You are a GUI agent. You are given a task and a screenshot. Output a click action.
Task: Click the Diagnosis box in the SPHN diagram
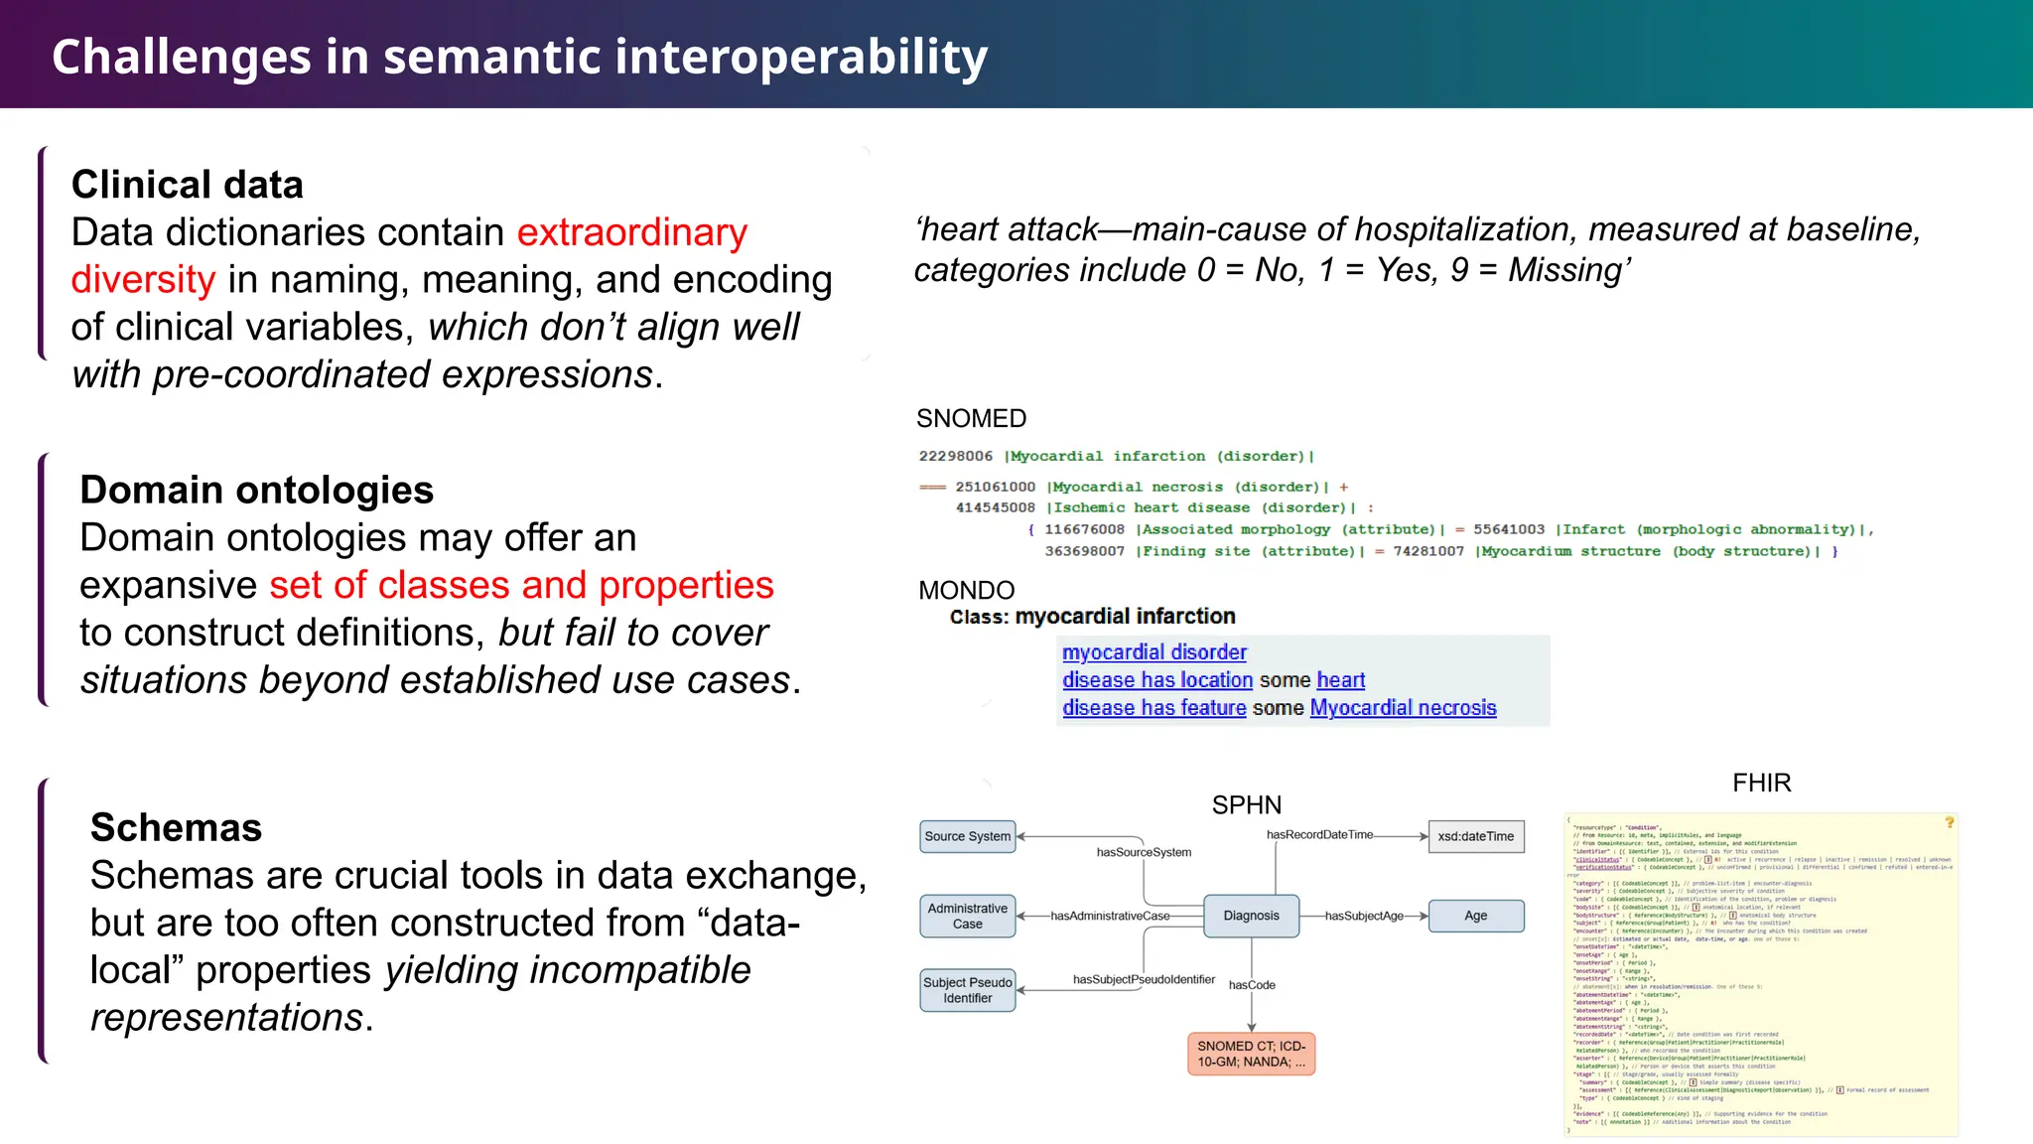tap(1251, 916)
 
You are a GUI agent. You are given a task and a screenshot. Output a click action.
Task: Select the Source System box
tap(967, 836)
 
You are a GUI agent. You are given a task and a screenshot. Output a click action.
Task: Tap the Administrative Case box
tap(967, 916)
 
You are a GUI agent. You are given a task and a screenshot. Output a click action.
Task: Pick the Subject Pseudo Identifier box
tap(967, 990)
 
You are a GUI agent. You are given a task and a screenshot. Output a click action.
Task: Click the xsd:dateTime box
tap(1475, 836)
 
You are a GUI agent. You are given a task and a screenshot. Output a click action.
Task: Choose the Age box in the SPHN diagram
tap(1475, 916)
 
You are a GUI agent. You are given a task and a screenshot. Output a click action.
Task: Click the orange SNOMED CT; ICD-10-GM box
tap(1251, 1054)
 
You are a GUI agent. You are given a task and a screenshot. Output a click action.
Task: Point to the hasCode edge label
tap(1252, 985)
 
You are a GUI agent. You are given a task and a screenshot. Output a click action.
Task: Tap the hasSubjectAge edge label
tap(1364, 916)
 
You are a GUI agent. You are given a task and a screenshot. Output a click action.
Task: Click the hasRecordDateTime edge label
tap(1319, 834)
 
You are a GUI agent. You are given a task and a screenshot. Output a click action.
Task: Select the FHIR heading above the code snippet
tap(1761, 783)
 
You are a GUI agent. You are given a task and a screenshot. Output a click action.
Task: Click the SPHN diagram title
tap(1246, 804)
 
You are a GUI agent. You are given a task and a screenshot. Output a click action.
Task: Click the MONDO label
tap(966, 590)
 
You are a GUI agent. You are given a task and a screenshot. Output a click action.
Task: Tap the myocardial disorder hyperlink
tap(1153, 652)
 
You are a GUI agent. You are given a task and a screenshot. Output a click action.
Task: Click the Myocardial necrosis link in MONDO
tap(1402, 708)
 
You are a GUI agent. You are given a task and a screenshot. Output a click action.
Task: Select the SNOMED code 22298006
tap(955, 456)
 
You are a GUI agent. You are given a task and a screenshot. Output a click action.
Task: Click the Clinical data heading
tap(187, 185)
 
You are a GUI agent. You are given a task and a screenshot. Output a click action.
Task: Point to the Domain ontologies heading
tap(256, 490)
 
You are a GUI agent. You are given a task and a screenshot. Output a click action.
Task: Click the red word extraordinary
tap(631, 232)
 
